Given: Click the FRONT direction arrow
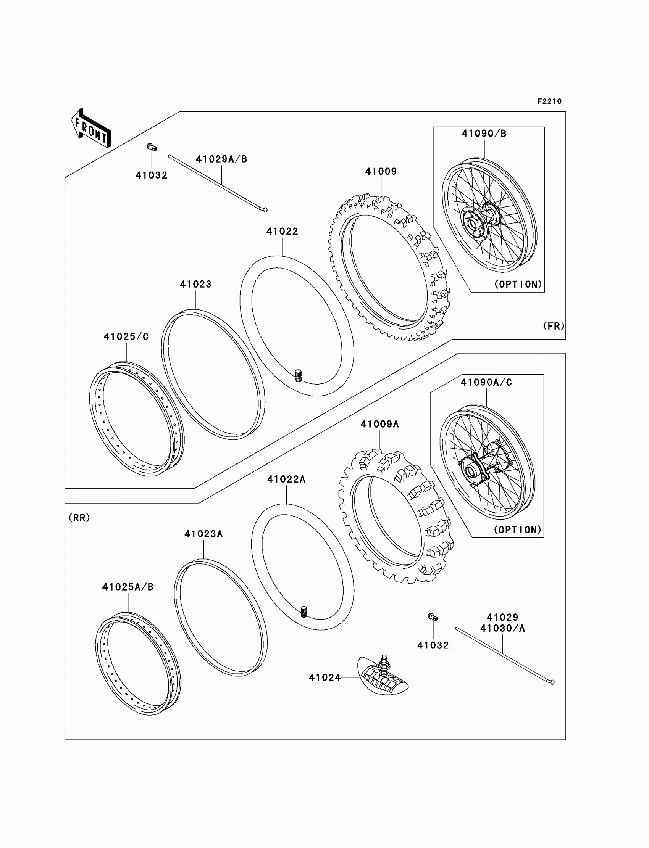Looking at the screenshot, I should click(x=91, y=129).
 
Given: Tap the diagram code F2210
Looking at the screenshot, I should click(x=549, y=101).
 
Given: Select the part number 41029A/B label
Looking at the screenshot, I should click(x=221, y=159).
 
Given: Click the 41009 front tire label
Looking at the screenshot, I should click(x=381, y=171).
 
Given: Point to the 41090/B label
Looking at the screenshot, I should click(x=484, y=134).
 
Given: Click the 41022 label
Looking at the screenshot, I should click(x=283, y=232).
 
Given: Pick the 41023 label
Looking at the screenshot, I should click(x=196, y=285).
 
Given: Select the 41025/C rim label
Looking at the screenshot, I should click(x=126, y=336).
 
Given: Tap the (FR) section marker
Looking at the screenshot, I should click(x=554, y=326).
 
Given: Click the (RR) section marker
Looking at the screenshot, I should click(x=79, y=518).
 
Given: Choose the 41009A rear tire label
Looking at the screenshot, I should click(x=379, y=424).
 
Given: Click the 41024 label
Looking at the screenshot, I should click(x=324, y=678).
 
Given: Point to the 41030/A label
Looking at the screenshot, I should click(x=502, y=628).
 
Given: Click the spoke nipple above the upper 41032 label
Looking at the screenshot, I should click(x=152, y=147).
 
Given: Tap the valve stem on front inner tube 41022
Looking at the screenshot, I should click(x=298, y=376).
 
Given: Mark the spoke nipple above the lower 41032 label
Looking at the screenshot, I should click(x=433, y=617).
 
